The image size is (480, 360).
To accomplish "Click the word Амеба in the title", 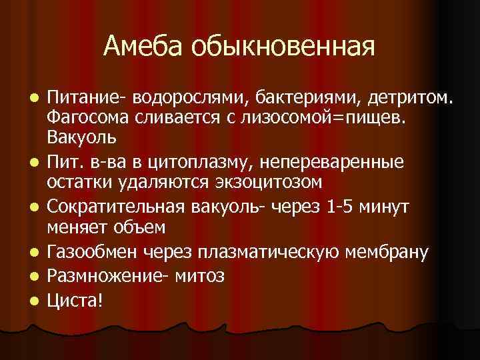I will [143, 46].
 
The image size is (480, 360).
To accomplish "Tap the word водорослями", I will [189, 100].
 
